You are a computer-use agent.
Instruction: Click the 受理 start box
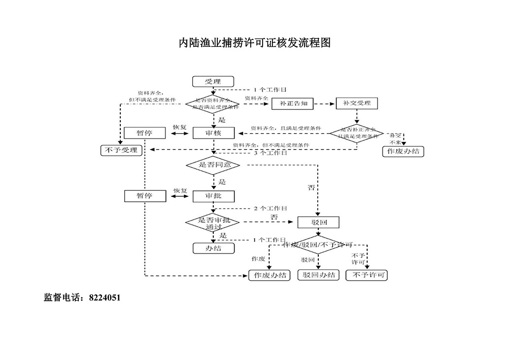pos(213,82)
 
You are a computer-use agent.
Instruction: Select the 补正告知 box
pos(293,104)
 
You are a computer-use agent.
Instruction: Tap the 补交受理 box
pos(357,104)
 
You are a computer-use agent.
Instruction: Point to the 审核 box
pos(213,133)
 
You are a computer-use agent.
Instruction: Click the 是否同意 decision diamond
pos(213,165)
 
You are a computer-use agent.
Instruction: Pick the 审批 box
pos(213,196)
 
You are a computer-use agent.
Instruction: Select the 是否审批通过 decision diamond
pos(213,223)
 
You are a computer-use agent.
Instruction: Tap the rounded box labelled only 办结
pos(213,248)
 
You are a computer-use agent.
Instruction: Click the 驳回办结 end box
pos(319,275)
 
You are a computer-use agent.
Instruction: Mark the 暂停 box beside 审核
pos(144,133)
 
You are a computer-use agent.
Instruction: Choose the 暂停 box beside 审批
pos(144,196)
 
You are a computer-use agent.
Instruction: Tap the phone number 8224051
pos(105,298)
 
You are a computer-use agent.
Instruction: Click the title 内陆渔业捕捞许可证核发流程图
pos(254,43)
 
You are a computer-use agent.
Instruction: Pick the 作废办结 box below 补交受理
pos(403,151)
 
